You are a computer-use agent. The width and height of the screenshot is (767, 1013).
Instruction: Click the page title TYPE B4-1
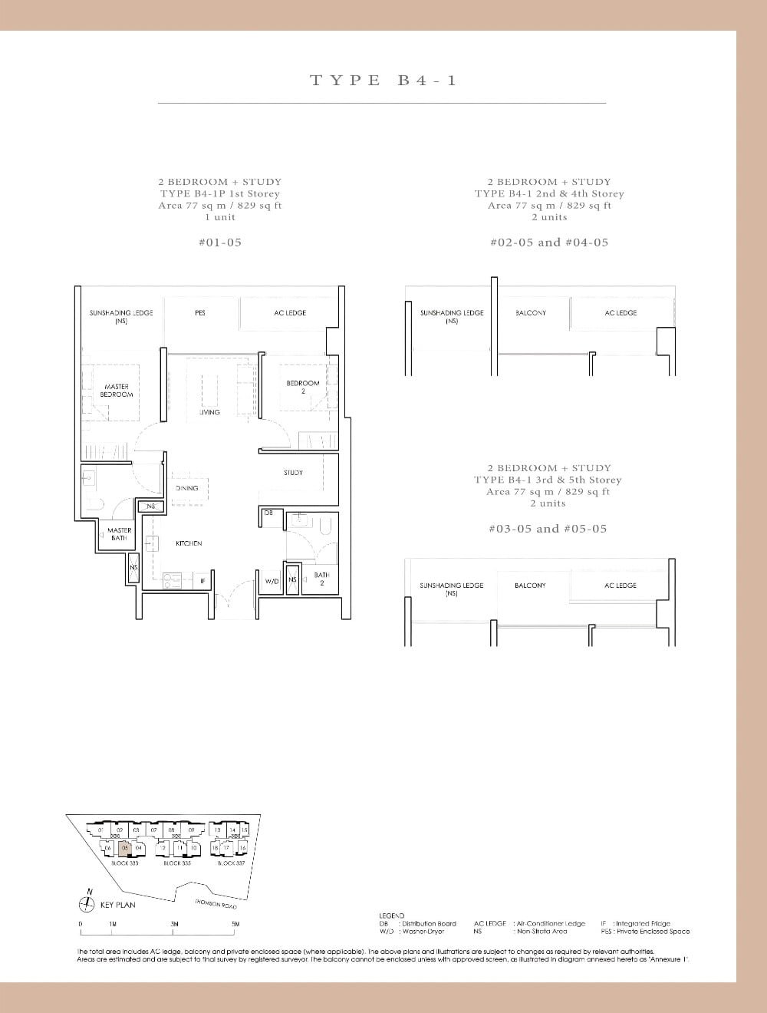click(x=383, y=80)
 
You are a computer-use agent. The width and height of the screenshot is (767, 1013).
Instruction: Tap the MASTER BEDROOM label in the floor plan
click(x=117, y=391)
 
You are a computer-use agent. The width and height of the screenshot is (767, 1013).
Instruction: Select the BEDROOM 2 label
click(x=302, y=387)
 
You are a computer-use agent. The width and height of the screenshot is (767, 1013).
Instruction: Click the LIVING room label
click(x=209, y=412)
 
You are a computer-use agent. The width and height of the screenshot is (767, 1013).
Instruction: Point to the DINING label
click(x=186, y=488)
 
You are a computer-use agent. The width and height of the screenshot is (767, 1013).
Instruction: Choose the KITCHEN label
click(x=189, y=543)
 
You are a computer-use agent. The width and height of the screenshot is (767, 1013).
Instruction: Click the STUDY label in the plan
click(x=293, y=473)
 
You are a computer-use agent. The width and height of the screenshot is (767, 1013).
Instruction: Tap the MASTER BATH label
click(x=119, y=534)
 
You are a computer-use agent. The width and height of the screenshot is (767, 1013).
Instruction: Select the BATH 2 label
click(x=321, y=579)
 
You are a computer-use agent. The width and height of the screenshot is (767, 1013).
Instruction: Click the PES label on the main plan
click(x=200, y=313)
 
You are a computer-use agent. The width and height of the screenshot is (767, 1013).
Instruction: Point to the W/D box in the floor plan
click(x=272, y=582)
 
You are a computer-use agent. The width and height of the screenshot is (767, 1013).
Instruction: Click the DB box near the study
click(x=268, y=513)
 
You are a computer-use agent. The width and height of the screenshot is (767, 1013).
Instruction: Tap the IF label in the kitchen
click(x=202, y=582)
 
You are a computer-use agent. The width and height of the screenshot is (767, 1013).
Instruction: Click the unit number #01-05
click(x=219, y=242)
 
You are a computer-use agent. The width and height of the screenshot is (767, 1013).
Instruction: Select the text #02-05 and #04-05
click(x=548, y=242)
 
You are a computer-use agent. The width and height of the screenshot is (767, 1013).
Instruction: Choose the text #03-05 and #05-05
click(x=548, y=529)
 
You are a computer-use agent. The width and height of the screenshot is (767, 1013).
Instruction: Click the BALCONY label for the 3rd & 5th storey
click(x=530, y=586)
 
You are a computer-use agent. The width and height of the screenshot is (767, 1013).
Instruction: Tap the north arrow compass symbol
click(x=89, y=904)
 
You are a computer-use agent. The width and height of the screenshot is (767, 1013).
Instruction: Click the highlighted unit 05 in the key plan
click(x=124, y=848)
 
